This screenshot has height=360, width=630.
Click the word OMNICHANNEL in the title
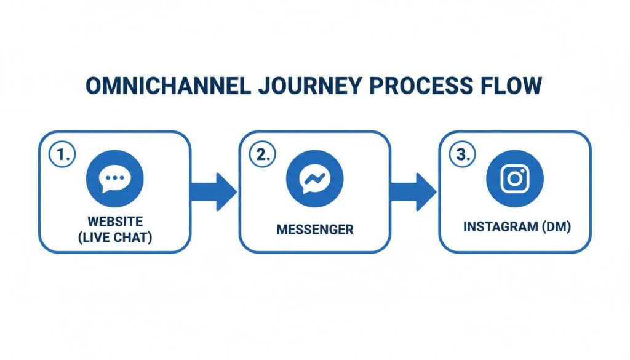point(167,86)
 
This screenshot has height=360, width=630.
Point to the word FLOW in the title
point(513,86)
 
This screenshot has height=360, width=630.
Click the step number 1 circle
point(61,155)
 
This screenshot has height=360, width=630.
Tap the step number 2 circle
point(261,155)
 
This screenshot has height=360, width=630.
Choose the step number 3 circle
point(460,155)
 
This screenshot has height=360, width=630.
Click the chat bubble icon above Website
point(115,178)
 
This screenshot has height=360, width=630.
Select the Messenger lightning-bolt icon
point(314,178)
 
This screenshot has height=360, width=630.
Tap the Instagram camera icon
point(514,178)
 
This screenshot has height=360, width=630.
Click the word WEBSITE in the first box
point(115,221)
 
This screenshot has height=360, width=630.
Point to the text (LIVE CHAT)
point(115,236)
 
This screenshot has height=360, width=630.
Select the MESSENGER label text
point(314,230)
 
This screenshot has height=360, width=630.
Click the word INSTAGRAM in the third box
point(498,227)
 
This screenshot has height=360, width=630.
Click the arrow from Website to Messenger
point(214,191)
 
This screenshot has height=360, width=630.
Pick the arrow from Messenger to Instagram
point(414,191)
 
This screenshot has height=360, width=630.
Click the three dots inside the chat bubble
point(115,177)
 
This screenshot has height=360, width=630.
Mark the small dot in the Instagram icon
point(522,172)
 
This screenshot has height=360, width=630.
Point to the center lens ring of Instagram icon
point(514,179)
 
